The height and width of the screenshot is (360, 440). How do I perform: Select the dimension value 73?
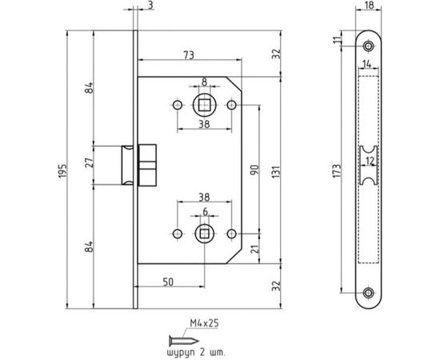pos(189,54)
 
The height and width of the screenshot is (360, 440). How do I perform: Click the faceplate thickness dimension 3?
pos(151,6)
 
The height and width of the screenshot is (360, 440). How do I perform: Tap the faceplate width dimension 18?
pos(369,8)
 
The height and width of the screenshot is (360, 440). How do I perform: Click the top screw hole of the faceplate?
pos(369,46)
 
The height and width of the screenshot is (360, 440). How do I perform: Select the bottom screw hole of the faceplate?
pos(369,293)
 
